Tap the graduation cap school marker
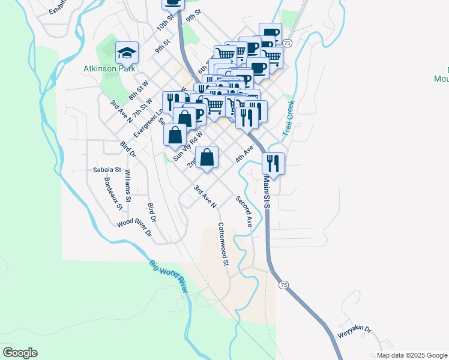tap(127, 53)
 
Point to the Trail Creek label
tap(290, 117)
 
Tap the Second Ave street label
tap(244, 212)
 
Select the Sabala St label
tap(107, 170)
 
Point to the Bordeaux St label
tap(113, 194)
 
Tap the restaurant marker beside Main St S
tap(273, 163)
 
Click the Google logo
tap(20, 353)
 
